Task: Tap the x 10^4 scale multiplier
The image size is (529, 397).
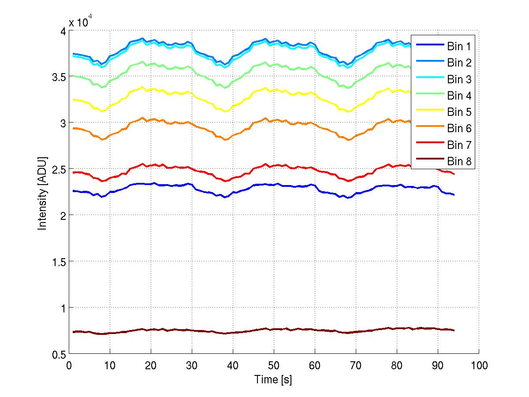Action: pos(80,22)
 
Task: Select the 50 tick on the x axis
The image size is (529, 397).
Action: pos(274,365)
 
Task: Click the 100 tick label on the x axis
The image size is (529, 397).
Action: pos(479,365)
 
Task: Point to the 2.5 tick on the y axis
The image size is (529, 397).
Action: pos(56,169)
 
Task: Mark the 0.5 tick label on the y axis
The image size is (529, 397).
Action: pos(56,354)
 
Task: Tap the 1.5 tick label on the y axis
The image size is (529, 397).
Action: pos(56,261)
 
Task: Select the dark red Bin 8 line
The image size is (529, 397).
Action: pos(220,332)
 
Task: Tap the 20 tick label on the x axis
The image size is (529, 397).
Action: pos(151,365)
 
